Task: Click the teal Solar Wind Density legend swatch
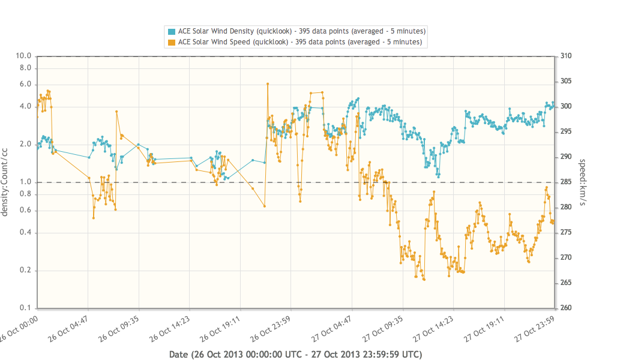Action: (x=172, y=31)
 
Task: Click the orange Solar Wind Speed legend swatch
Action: (x=172, y=42)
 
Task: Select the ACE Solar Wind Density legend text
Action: (x=302, y=31)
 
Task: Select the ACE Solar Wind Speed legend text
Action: (x=299, y=42)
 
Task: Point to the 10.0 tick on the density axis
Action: (x=23, y=56)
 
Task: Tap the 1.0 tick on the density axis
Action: (x=26, y=182)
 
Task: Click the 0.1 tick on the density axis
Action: (x=26, y=308)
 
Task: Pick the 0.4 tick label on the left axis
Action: (x=26, y=233)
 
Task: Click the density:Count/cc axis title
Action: (x=5, y=182)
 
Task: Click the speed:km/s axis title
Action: (x=582, y=182)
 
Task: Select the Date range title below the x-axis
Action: (x=295, y=354)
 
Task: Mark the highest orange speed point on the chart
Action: (x=268, y=84)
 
